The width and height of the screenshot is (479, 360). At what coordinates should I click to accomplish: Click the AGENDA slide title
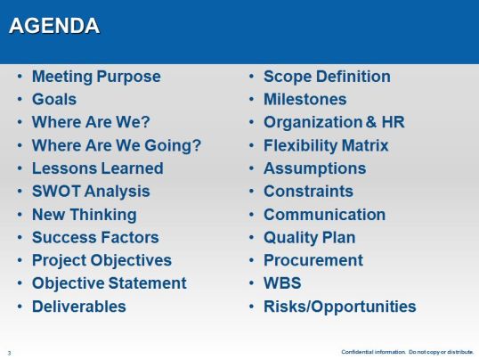(53, 27)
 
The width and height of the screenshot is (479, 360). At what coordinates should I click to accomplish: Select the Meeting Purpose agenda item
(96, 77)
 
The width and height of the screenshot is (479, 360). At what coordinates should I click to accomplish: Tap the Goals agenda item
(54, 100)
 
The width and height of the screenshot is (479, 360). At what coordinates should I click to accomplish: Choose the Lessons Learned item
(97, 168)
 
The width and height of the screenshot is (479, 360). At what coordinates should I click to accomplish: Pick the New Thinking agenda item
(84, 215)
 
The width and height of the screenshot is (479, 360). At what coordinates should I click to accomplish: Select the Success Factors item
(95, 238)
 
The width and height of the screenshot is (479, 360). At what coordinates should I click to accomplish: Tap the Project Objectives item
(101, 261)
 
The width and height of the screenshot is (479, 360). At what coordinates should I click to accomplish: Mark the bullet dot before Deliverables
(20, 307)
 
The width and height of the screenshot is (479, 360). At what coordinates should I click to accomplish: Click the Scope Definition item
(326, 77)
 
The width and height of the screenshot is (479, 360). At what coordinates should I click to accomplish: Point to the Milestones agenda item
(304, 100)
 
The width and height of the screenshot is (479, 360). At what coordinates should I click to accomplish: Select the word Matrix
(363, 145)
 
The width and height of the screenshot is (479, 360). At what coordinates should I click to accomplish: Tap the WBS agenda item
(282, 283)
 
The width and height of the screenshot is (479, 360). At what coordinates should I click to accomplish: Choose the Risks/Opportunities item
(339, 307)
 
